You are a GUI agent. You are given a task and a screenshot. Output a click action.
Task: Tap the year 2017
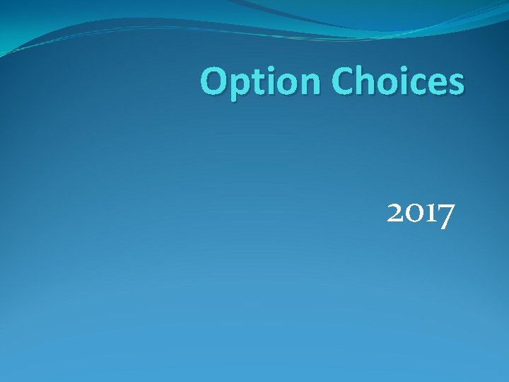click(x=421, y=213)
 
